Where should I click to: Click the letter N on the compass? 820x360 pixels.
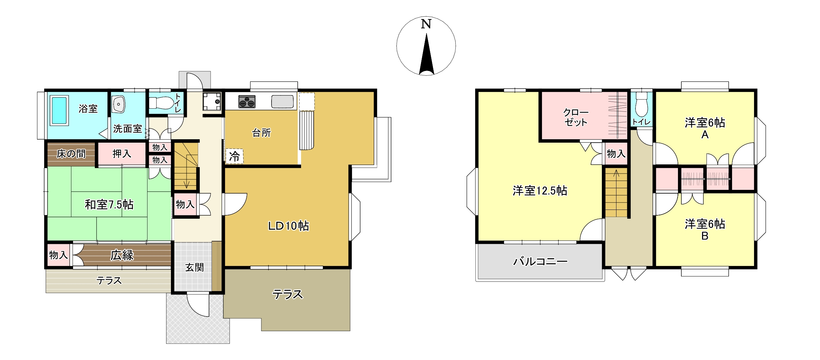click(426, 24)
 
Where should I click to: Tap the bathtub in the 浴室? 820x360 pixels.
click(59, 110)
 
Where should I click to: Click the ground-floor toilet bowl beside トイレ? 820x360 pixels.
click(162, 103)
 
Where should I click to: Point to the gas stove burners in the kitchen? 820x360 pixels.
click(247, 102)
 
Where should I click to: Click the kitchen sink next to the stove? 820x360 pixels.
click(282, 102)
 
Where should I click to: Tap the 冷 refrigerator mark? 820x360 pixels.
click(234, 156)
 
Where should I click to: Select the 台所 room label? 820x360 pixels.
click(261, 133)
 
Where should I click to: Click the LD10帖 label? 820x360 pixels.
click(289, 226)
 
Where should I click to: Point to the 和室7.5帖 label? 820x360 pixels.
click(109, 204)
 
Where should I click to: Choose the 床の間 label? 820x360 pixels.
click(71, 154)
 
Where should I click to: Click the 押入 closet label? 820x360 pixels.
click(122, 154)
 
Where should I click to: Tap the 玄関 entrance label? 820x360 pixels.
click(194, 268)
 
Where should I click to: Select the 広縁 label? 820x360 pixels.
click(122, 255)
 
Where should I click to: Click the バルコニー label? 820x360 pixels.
click(540, 261)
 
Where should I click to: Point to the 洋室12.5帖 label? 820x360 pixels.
click(540, 191)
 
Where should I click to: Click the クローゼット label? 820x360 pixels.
click(576, 117)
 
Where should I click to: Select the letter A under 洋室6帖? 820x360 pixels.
click(705, 135)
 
